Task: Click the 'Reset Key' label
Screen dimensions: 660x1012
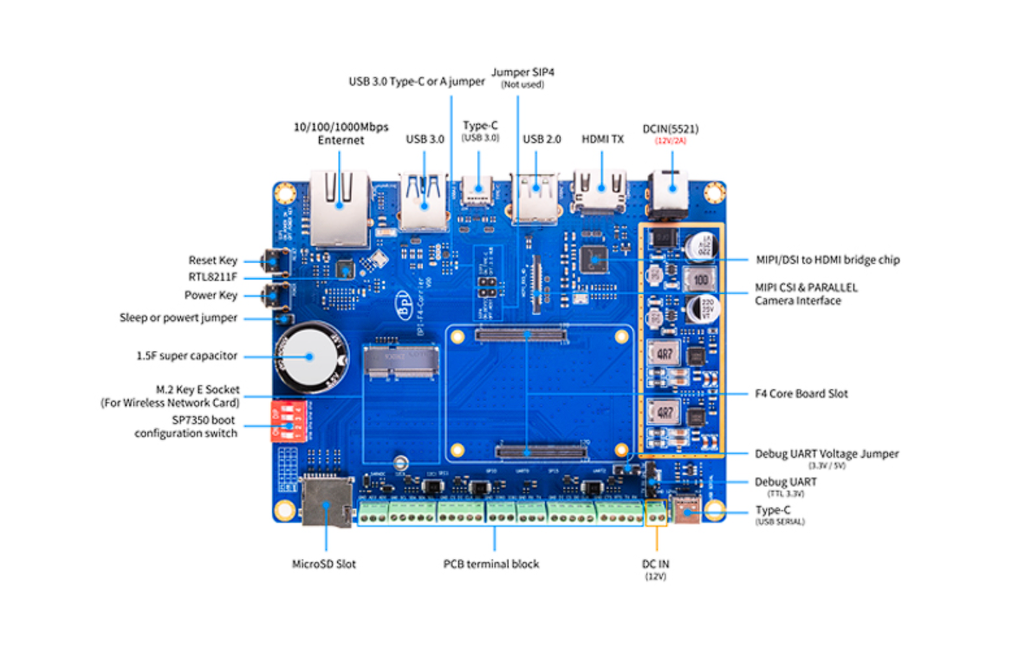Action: click(x=212, y=260)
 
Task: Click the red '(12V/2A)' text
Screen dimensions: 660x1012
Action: click(x=670, y=140)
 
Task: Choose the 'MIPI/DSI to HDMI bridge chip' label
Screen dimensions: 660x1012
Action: click(x=827, y=259)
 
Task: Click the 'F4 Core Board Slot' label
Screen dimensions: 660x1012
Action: click(x=801, y=394)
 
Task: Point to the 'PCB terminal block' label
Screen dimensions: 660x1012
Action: click(x=491, y=564)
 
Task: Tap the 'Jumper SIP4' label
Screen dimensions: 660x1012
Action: click(x=522, y=72)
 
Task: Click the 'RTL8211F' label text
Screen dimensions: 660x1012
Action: click(x=213, y=278)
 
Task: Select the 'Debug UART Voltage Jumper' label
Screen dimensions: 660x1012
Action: click(x=827, y=454)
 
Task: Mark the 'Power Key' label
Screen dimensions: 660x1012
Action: click(x=211, y=295)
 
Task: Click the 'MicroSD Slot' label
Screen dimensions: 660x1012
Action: click(x=323, y=564)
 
